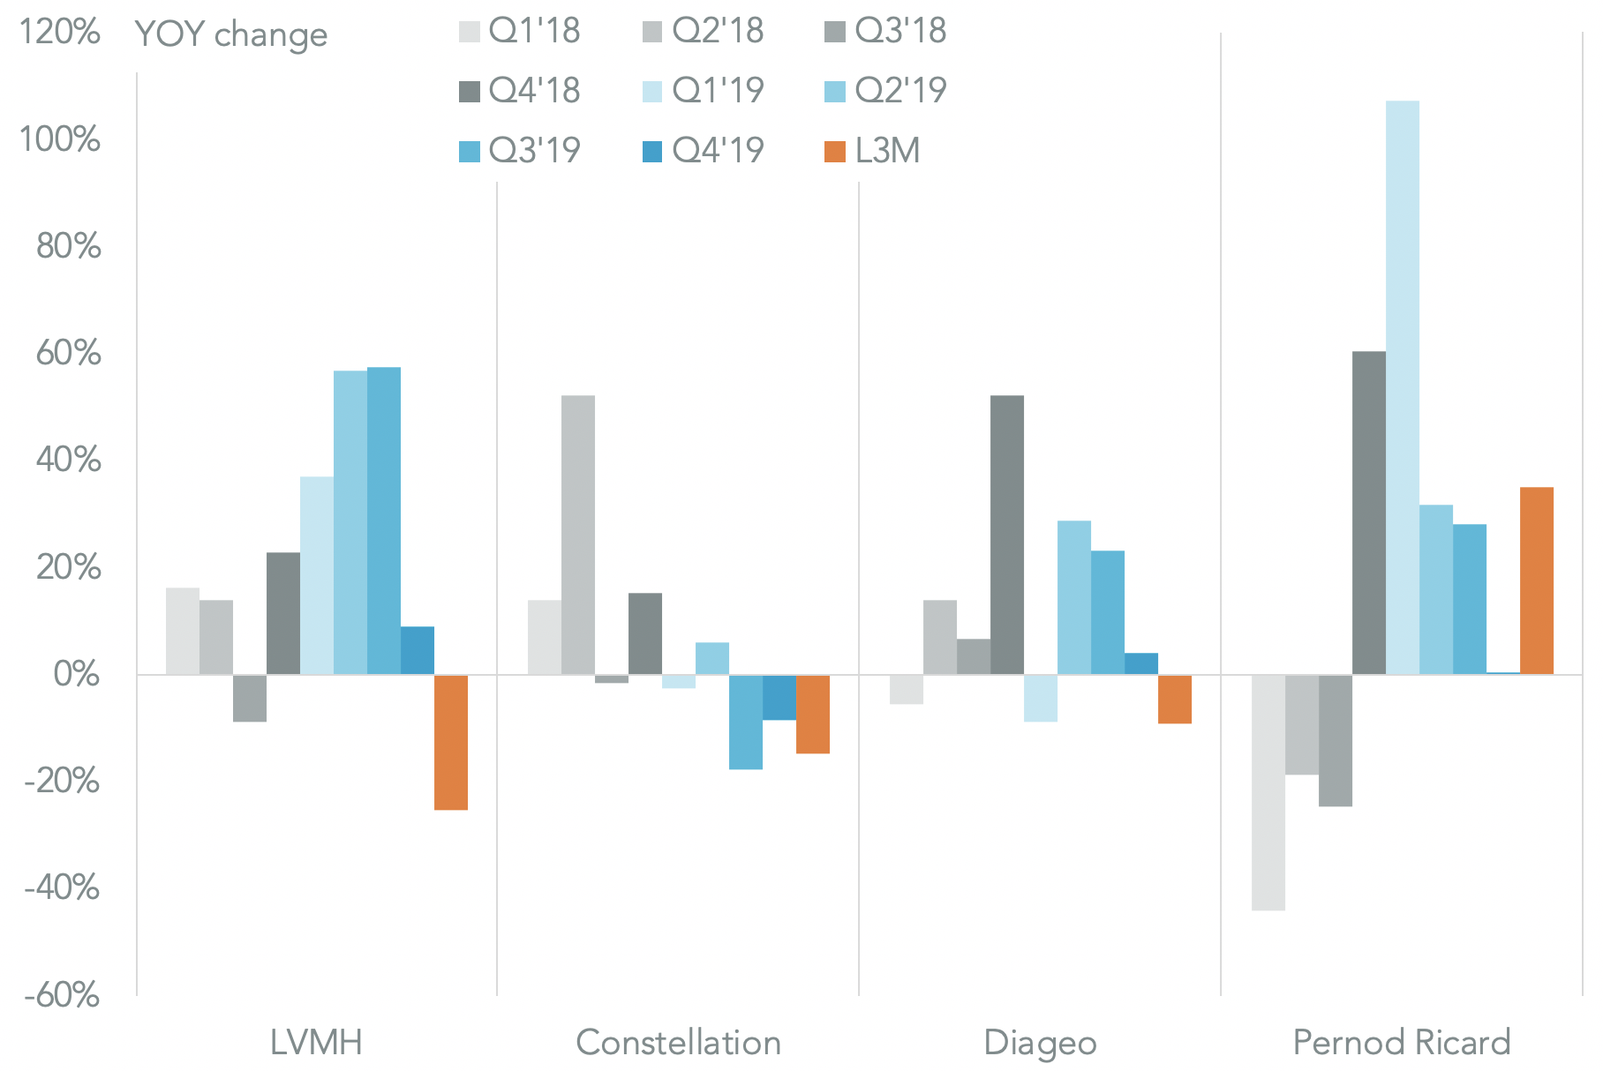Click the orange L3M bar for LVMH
(450, 742)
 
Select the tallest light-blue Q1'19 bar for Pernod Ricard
(1403, 387)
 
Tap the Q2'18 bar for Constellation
(578, 535)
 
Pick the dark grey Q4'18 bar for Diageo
(1007, 535)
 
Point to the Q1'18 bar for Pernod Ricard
(1268, 792)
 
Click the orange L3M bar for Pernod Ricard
(1537, 580)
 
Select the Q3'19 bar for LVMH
(384, 521)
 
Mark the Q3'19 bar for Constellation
(746, 722)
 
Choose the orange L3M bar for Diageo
(1175, 699)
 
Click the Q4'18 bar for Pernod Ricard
(1369, 513)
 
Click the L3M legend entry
(872, 151)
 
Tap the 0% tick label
(76, 675)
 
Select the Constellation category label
(678, 1043)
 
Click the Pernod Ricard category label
(1402, 1043)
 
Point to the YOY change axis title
(231, 34)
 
